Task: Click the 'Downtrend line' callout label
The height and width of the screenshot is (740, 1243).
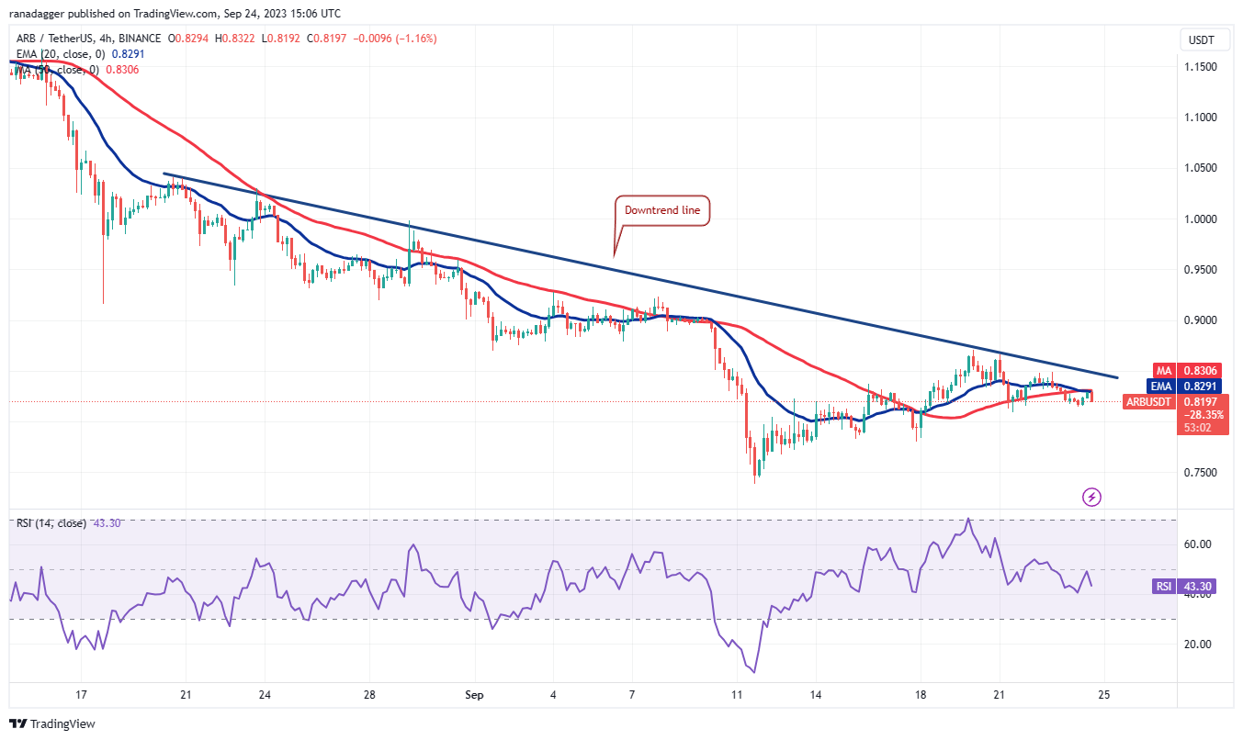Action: click(662, 210)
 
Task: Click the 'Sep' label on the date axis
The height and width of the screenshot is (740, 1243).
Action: click(475, 694)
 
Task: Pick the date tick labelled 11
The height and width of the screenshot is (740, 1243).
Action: click(735, 694)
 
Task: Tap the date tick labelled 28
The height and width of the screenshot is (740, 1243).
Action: click(368, 694)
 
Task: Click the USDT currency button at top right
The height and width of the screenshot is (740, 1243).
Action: click(1200, 39)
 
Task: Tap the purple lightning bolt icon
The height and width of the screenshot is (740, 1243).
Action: click(1091, 497)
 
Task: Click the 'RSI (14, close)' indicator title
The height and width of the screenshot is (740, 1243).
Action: click(51, 523)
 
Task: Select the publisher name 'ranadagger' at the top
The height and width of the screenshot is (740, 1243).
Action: click(38, 14)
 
